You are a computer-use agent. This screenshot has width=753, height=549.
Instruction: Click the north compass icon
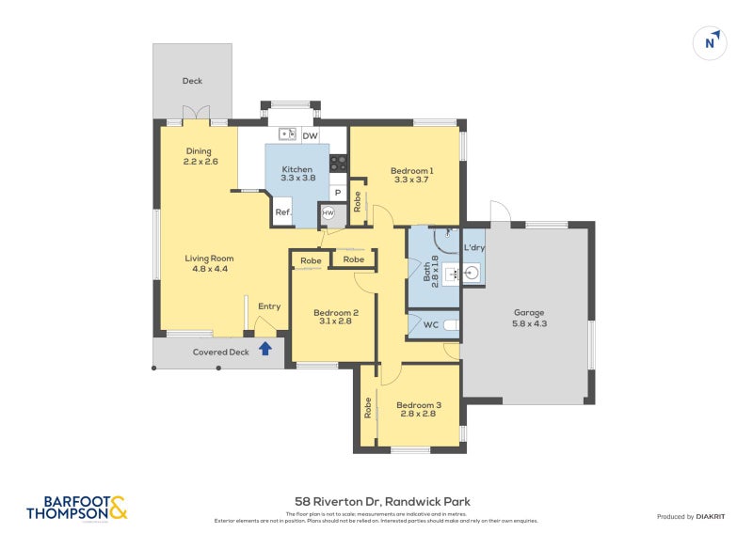point(712,42)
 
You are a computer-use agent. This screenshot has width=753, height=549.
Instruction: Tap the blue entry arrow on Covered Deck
point(265,350)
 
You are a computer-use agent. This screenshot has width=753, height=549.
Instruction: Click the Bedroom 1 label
point(411,170)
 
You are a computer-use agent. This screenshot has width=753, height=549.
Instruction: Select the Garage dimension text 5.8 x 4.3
point(529,323)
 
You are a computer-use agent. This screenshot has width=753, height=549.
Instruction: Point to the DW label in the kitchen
point(310,136)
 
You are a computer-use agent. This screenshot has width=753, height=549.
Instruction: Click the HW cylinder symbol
point(328,213)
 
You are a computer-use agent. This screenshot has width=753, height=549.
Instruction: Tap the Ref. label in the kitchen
point(282,213)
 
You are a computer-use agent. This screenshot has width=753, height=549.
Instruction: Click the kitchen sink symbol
point(287,134)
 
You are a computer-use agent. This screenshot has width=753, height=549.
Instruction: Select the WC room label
point(430,325)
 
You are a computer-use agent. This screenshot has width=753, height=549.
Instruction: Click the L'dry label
point(474,248)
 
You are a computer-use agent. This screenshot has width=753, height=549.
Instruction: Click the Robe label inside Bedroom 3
point(367,407)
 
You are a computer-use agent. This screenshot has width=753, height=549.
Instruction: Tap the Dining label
point(199,151)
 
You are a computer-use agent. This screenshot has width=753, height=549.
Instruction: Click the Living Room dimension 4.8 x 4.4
point(208,269)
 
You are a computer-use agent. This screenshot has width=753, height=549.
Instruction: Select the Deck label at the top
point(192,81)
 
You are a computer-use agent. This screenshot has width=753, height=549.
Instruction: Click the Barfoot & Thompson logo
point(76,508)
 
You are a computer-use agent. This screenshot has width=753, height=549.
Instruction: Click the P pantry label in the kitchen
point(337,193)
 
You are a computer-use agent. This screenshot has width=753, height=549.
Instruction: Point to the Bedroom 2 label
point(336,312)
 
